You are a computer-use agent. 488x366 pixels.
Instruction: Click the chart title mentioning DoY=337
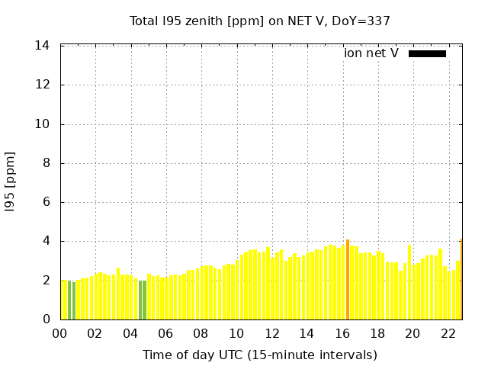tap(260, 21)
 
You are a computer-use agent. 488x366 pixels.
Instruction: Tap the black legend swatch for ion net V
tap(427, 53)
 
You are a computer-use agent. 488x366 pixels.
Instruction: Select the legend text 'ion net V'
tap(371, 53)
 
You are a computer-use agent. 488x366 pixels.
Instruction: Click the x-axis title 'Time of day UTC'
tap(260, 355)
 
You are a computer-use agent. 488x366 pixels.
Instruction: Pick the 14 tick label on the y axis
tap(43, 46)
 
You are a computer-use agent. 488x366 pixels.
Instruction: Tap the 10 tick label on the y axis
tap(43, 124)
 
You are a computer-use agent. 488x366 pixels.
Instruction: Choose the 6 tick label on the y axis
tap(46, 202)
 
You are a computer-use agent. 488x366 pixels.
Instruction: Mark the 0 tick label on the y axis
tap(46, 319)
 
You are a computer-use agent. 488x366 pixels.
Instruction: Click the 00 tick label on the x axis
tap(59, 333)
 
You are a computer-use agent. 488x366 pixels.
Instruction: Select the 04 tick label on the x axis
tap(130, 333)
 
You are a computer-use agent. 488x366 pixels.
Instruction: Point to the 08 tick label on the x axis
tap(201, 333)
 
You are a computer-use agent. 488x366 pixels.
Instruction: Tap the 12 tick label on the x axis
tap(271, 333)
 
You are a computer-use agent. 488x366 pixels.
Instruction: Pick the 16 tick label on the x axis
tap(342, 333)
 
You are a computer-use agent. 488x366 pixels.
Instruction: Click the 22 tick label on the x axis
tap(448, 333)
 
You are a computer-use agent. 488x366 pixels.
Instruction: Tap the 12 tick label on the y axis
tap(43, 85)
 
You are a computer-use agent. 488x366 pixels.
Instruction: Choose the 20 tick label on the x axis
tap(413, 333)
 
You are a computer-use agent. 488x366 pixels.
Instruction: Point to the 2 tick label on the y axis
tap(46, 281)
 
